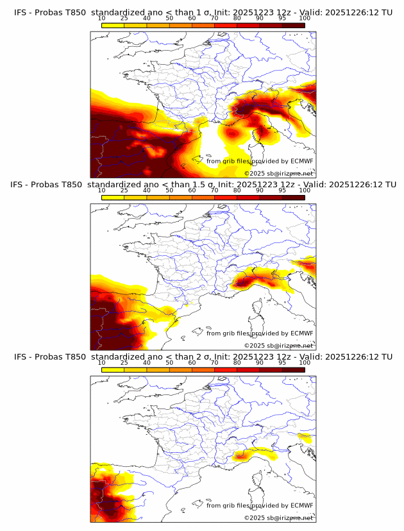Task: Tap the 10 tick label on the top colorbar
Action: click(x=102, y=19)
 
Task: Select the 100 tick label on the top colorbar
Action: click(x=305, y=19)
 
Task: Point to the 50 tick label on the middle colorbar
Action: click(x=169, y=190)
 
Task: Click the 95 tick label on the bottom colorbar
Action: click(x=282, y=362)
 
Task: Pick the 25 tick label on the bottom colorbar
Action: click(x=124, y=362)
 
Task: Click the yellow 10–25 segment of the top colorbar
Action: click(x=113, y=25)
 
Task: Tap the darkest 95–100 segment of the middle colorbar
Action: click(x=294, y=197)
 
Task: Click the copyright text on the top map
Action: click(x=278, y=173)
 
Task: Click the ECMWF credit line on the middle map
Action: click(x=260, y=333)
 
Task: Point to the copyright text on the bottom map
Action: click(x=278, y=518)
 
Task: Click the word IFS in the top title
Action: click(x=21, y=12)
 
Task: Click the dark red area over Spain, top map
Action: click(x=115, y=151)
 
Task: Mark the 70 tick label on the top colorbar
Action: click(x=214, y=19)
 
